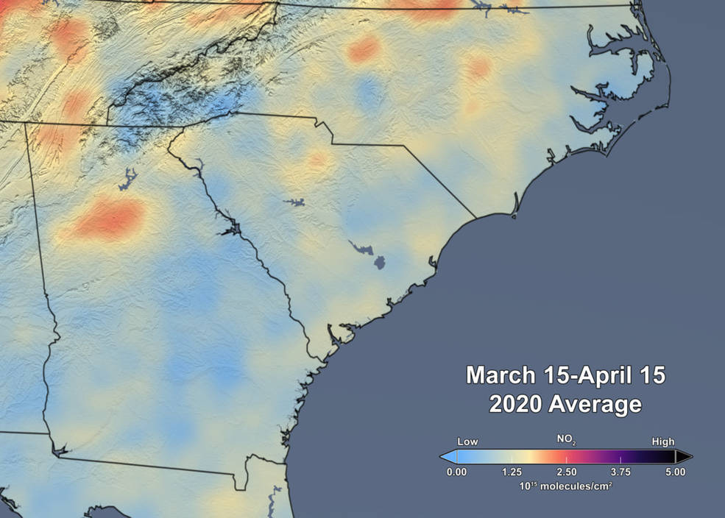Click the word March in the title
[x=500, y=375]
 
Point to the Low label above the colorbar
[x=467, y=441]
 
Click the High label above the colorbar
[x=662, y=441]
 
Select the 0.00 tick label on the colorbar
[x=456, y=472]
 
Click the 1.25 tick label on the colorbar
[x=512, y=472]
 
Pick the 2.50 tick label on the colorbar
[x=566, y=472]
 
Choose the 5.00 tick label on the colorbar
[x=675, y=472]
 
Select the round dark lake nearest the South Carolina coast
[x=380, y=262]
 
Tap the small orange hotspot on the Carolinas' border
[x=318, y=158]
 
